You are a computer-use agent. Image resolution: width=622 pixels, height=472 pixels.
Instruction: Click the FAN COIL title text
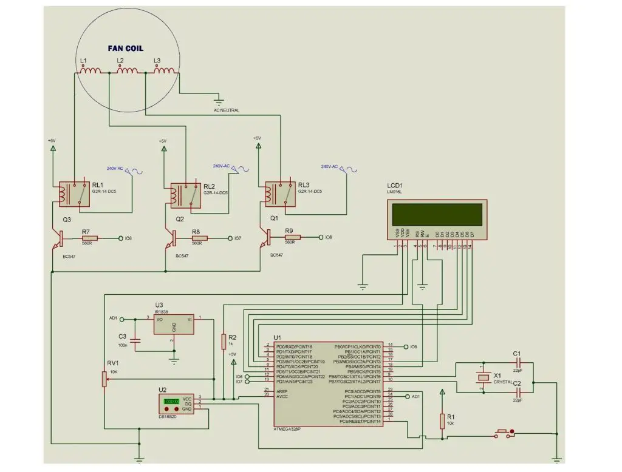126,48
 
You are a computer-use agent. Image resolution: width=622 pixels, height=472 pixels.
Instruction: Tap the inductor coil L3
164,72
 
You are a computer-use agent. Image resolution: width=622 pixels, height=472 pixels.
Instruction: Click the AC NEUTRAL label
227,110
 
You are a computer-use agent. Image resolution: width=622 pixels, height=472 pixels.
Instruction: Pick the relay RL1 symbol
73,193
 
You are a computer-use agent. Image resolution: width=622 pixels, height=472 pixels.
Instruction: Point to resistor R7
90,238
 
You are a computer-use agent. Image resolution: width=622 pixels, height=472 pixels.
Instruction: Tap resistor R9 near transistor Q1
293,237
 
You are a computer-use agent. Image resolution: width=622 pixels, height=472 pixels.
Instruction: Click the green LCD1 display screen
437,214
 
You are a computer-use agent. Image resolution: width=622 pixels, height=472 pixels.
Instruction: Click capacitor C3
135,342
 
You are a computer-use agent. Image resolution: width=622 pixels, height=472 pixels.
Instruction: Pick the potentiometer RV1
104,379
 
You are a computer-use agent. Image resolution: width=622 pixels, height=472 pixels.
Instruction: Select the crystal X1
483,377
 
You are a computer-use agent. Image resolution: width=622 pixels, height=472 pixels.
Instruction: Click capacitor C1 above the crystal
518,362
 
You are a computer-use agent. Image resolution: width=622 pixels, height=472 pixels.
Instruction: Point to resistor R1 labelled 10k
442,419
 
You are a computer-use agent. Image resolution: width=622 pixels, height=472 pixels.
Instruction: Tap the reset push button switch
505,433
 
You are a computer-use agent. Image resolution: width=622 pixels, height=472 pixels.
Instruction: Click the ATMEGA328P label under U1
287,429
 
